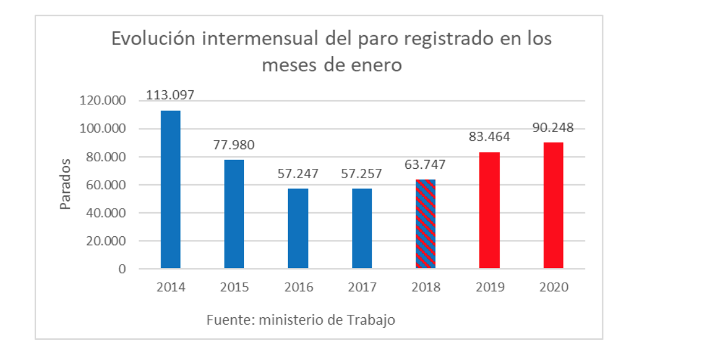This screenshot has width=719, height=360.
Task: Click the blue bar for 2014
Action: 170,189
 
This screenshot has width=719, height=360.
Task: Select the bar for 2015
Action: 234,214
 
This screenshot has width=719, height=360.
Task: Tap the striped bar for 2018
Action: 426,224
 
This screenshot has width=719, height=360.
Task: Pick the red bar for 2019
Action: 490,210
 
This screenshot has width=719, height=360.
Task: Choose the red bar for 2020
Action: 553,205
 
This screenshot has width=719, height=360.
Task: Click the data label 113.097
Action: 170,95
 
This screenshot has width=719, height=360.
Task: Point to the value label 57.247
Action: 298,174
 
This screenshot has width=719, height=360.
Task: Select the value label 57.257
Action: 362,174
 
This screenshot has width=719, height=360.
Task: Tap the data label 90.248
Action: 553,128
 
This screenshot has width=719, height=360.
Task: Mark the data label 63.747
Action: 426,164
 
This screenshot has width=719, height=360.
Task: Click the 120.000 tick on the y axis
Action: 103,101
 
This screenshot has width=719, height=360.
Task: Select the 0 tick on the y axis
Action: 122,269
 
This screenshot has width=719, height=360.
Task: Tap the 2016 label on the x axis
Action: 298,288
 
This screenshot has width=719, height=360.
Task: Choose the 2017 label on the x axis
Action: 362,288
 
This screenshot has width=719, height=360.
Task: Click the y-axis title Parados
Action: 65,184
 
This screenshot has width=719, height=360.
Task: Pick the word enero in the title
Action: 376,64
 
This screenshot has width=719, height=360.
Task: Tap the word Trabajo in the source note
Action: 374,320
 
